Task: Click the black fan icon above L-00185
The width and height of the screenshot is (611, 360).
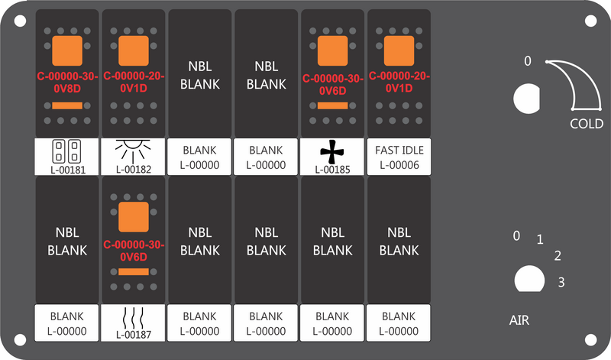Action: click(332, 151)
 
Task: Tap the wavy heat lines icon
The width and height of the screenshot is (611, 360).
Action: click(133, 317)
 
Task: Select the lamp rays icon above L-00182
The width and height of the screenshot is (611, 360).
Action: click(133, 151)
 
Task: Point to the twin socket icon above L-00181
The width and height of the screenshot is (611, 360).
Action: click(66, 151)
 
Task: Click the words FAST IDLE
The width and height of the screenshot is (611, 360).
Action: click(399, 150)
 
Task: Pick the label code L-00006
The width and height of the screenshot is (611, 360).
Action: click(399, 165)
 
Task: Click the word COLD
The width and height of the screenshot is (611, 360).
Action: click(587, 124)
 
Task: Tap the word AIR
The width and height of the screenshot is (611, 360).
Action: click(519, 320)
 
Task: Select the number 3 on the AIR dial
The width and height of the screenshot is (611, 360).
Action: click(561, 282)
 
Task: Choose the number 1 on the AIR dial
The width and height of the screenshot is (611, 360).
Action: click(540, 239)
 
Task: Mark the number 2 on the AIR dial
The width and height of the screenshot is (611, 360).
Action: click(558, 256)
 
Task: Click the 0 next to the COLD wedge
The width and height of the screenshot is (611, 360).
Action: click(527, 61)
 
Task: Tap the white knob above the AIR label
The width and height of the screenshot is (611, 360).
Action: click(529, 278)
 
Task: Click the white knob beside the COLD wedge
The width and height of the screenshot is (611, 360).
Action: click(527, 99)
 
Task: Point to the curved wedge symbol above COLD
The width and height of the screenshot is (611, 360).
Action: click(584, 78)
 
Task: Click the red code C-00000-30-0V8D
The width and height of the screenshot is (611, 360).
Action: click(67, 83)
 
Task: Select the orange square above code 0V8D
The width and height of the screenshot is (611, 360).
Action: click(67, 50)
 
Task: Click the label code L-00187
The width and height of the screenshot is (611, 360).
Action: click(133, 335)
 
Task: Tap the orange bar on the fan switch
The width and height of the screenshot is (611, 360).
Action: click(332, 105)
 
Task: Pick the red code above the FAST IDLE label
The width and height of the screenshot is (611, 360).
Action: click(399, 82)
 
